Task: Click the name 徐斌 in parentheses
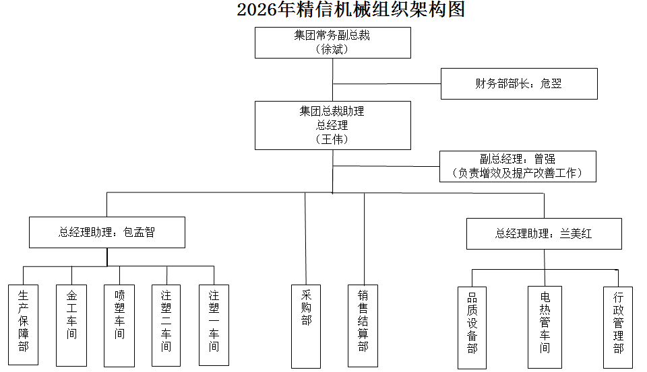point(332,49)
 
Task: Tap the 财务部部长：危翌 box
point(519,83)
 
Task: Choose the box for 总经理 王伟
point(332,125)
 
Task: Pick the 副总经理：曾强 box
point(518,159)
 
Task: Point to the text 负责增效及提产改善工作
point(518,173)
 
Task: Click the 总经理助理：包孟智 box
point(106,232)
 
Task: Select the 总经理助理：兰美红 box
point(543,234)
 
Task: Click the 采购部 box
point(306,326)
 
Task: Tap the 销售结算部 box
point(363,326)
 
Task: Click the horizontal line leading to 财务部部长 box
point(387,84)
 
